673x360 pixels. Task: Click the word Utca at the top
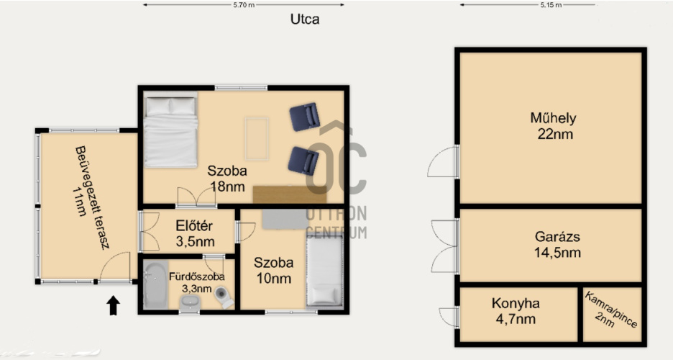[x=305, y=19]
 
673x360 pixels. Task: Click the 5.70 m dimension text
[x=244, y=5]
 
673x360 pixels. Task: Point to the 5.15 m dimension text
[x=551, y=5]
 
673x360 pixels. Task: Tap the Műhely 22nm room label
[x=554, y=126]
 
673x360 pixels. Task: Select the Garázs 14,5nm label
[x=557, y=244]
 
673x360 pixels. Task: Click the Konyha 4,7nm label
[x=516, y=311]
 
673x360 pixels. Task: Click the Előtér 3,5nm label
[x=195, y=233]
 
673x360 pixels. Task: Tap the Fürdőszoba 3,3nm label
[x=196, y=282]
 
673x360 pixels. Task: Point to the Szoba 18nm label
[x=227, y=179]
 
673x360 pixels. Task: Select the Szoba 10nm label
[x=273, y=270]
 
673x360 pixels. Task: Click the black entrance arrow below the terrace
[x=113, y=305]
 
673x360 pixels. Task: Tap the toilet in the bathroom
[x=224, y=297]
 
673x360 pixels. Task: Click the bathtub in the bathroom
[x=155, y=284]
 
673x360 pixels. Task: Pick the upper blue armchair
[x=304, y=117]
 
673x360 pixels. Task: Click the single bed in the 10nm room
[x=325, y=271]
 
